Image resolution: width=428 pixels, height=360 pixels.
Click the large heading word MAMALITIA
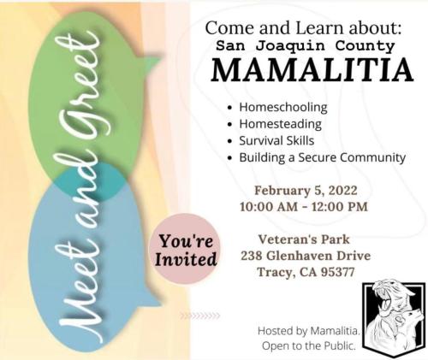coord(305,70)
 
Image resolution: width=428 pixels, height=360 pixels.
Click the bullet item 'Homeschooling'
coord(282,108)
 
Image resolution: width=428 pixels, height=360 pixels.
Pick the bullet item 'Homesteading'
coord(282,124)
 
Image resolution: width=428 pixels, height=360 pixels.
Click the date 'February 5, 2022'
coord(306,190)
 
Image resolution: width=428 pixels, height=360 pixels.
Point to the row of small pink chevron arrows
coord(199,316)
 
